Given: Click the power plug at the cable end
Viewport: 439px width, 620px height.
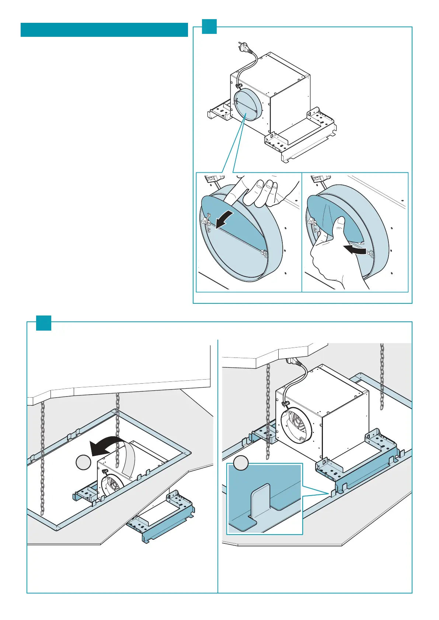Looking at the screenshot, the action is [241, 48].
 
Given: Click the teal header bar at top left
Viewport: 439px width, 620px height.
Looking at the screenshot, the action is [104, 30].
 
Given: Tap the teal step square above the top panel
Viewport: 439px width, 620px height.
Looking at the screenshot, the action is [209, 27].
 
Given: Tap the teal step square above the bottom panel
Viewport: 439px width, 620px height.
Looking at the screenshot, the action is [43, 323].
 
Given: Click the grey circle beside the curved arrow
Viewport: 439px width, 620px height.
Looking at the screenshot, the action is [83, 462].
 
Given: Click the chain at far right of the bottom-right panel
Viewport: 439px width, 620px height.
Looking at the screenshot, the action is [382, 376].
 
